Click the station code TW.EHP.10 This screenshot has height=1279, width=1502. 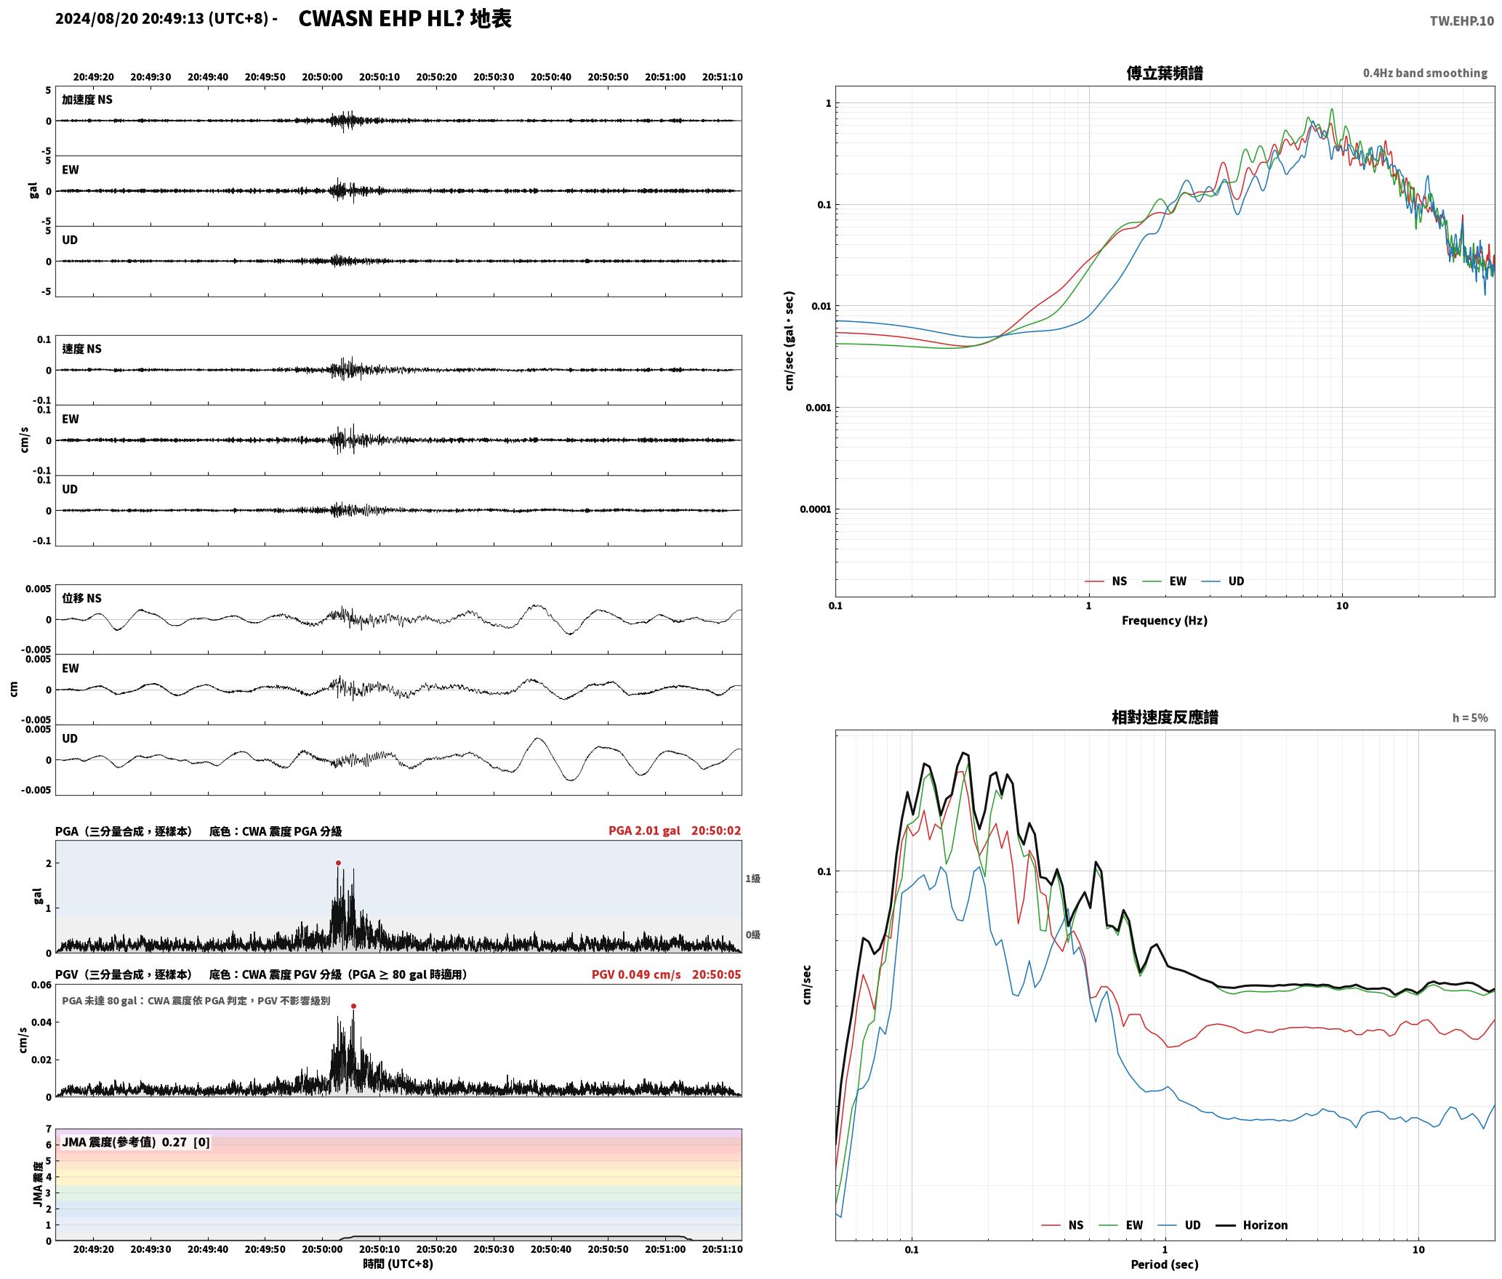click(x=1461, y=21)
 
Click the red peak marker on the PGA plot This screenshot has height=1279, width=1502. click(x=338, y=863)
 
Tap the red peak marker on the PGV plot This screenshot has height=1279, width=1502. click(x=353, y=1006)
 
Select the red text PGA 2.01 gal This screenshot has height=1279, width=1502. click(x=644, y=831)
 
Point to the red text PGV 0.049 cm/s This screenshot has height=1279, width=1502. click(x=636, y=975)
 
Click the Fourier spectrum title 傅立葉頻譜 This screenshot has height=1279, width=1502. click(x=1164, y=73)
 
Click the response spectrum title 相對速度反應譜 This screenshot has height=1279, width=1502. click(x=1165, y=717)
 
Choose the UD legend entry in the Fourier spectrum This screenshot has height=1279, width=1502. click(x=1223, y=581)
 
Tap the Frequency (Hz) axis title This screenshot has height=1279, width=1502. click(x=1164, y=620)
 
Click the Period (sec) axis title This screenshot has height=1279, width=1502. click(x=1164, y=1264)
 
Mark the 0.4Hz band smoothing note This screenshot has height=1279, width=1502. click(x=1425, y=73)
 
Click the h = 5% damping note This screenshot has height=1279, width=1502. click(x=1470, y=718)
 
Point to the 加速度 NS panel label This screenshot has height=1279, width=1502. click(x=87, y=100)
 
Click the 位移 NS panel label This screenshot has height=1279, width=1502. click(x=81, y=598)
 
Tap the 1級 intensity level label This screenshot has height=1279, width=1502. click(x=752, y=879)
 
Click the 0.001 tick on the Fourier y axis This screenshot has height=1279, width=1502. click(x=818, y=408)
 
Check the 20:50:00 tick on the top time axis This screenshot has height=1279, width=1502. click(x=322, y=77)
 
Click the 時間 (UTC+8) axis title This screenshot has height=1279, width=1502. click(x=398, y=1264)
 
